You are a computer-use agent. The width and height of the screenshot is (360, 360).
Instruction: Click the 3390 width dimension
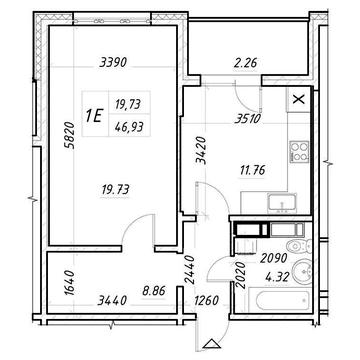pos(113,62)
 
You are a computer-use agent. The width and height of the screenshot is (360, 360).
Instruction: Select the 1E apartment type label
pos(94,116)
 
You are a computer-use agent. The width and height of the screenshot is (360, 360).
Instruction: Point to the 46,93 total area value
pos(128,126)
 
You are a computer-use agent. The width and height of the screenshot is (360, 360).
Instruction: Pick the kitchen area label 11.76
pos(252,171)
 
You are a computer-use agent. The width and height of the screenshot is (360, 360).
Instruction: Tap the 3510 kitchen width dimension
pos(247,119)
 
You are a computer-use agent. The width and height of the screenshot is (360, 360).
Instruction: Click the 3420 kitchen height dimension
pos(201,151)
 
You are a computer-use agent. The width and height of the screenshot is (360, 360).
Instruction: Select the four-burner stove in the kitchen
pos(299,152)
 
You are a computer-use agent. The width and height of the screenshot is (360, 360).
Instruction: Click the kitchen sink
pos(282,202)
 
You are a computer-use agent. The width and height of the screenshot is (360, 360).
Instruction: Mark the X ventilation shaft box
pos(299,100)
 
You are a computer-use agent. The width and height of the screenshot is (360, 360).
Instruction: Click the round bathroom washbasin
pos(302,272)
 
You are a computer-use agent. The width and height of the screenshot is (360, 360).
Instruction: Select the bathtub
pos(283,301)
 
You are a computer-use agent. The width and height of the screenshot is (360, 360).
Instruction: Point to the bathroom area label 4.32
pos(277,277)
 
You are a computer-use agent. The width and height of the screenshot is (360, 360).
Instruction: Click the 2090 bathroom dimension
pos(274,259)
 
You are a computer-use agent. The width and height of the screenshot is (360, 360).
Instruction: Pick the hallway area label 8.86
pos(154,290)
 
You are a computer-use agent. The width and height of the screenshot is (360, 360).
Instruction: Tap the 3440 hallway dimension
pos(112,301)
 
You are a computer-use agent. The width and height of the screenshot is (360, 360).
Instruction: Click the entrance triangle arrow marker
pos(212,344)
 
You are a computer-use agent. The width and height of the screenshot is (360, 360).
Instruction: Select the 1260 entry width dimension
pos(207,300)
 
